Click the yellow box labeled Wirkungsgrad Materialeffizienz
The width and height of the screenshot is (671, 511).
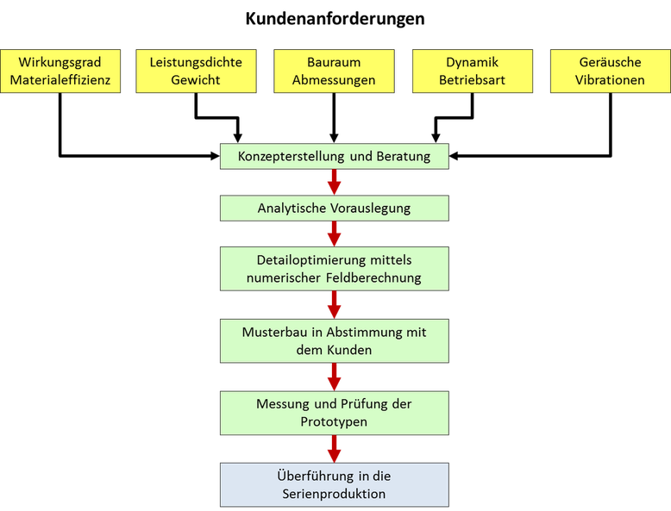60,71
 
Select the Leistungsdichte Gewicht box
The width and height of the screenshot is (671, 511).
196,71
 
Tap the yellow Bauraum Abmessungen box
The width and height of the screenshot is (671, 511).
334,71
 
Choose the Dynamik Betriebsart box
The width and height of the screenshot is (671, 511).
472,71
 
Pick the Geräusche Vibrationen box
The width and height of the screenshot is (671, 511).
610,71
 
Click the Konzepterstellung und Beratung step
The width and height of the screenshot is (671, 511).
334,157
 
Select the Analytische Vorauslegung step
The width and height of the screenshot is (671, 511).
334,209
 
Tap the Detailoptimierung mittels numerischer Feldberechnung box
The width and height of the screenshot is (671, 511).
334,269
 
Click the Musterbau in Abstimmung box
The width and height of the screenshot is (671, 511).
334,341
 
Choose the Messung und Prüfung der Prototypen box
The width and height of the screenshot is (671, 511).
334,413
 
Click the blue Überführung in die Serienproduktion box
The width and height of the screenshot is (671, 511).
334,484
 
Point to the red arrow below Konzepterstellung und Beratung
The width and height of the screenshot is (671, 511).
334,183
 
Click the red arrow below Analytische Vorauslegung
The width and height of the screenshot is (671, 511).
334,234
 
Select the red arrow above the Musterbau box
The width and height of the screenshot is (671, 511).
334,304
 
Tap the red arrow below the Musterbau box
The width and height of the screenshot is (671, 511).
334,377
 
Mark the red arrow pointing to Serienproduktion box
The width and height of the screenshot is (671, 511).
334,448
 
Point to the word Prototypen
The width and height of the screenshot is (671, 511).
334,422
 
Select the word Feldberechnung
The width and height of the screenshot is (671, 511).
372,277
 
